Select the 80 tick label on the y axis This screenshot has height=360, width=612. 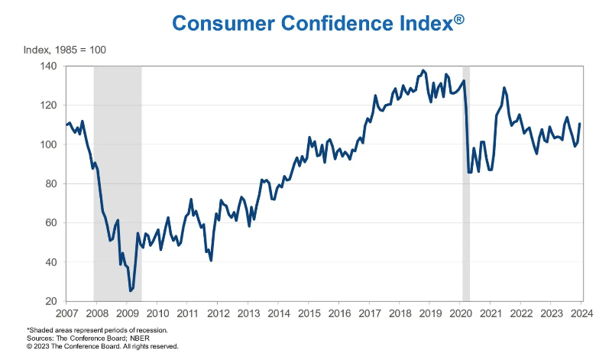[50, 183]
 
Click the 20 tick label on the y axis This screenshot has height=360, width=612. [50, 301]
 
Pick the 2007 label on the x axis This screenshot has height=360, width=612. [66, 313]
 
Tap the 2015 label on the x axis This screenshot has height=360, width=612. [309, 313]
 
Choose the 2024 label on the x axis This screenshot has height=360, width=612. [581, 313]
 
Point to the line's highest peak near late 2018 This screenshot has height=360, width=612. [424, 70]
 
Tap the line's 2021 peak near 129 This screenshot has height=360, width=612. [504, 88]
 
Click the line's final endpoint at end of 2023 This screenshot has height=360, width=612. [580, 124]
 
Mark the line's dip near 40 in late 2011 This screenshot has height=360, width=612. [211, 261]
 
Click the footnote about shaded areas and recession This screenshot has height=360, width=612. [97, 330]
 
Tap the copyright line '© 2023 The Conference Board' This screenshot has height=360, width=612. [102, 346]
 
